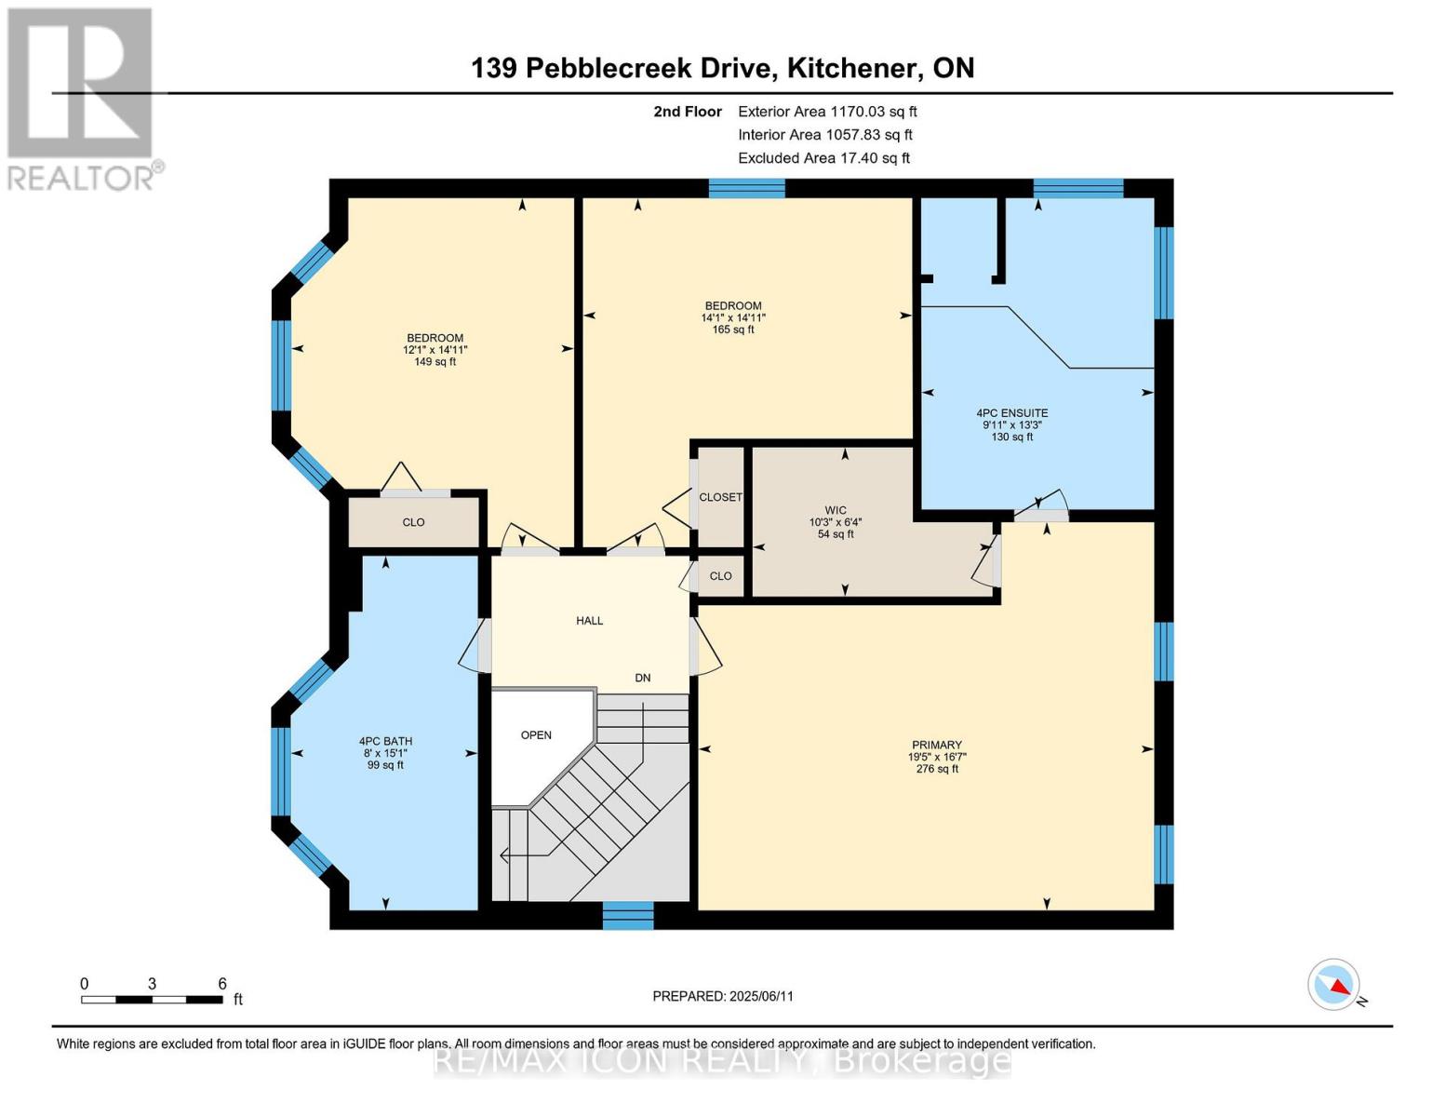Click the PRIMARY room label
[x=936, y=746]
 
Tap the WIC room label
[x=836, y=511]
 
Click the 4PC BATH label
[x=385, y=742]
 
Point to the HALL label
[x=589, y=621]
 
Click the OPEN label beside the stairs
[x=536, y=735]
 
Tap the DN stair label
[x=643, y=679]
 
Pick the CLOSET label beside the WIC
[x=720, y=498]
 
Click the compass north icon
[x=1334, y=985]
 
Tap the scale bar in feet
[x=152, y=1000]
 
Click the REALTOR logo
[x=82, y=98]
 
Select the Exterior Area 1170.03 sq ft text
[x=827, y=112]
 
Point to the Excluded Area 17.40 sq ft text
[x=823, y=158]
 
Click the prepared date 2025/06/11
[x=723, y=996]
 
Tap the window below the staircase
[x=628, y=915]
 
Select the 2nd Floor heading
[x=687, y=112]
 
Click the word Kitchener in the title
[x=849, y=68]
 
